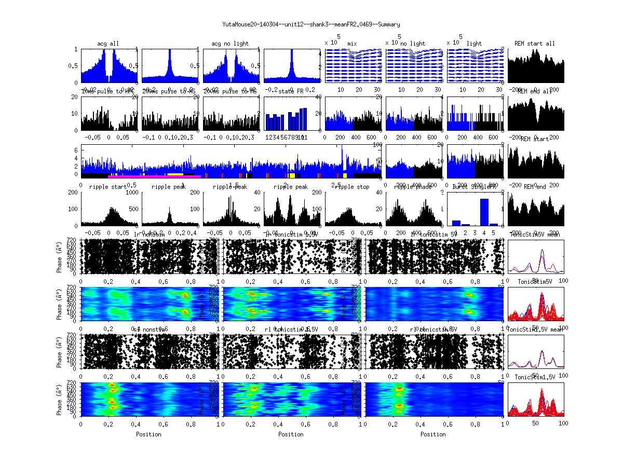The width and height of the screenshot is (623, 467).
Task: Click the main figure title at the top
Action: [x=311, y=24]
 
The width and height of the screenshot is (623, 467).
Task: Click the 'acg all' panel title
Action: [x=108, y=44]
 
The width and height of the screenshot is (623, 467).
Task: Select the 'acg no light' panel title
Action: [x=230, y=44]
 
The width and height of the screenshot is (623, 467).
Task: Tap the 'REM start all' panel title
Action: [x=535, y=44]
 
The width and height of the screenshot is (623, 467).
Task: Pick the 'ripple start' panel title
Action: [x=107, y=187]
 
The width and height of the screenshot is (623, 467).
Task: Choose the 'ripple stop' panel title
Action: [x=352, y=187]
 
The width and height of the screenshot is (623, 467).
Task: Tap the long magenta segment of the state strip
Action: [x=151, y=176]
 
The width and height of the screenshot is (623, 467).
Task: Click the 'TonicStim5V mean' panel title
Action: [x=535, y=235]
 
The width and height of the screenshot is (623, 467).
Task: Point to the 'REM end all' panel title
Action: [x=535, y=91]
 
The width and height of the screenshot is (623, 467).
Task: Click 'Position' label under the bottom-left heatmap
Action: [x=148, y=434]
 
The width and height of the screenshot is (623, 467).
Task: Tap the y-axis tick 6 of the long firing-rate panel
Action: [x=76, y=150]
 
